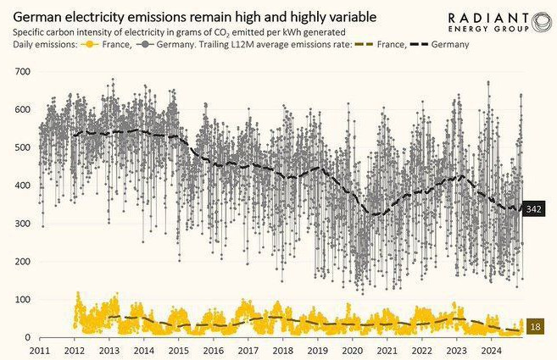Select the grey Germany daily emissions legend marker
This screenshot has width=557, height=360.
click(148, 44)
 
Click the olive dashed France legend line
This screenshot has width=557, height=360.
click(363, 44)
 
